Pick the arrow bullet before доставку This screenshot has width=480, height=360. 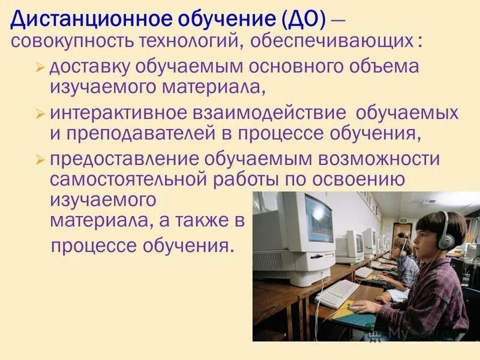pos(40,68)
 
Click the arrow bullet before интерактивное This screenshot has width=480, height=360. pos(40,113)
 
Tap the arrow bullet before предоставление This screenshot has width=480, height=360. pos(40,160)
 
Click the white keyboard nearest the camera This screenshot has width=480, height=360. pos(337,293)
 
